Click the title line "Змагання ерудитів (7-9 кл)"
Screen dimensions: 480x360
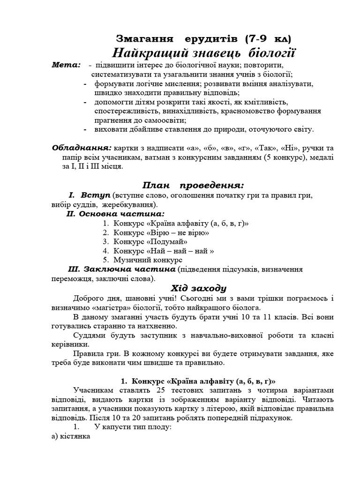206,39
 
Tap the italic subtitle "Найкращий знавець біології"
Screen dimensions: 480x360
206,52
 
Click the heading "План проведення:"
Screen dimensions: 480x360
193,184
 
